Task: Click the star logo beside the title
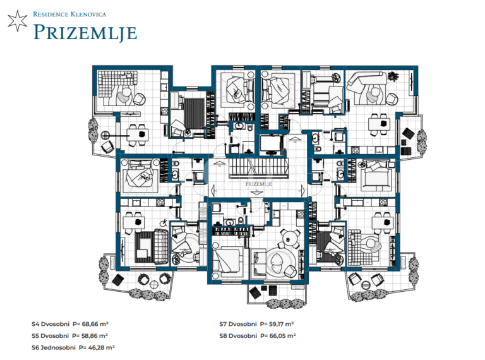[18, 21]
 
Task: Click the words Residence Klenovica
[69, 15]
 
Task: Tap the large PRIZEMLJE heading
[85, 33]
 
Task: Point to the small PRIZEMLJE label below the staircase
[258, 184]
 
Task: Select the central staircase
[258, 168]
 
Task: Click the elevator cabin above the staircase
[272, 145]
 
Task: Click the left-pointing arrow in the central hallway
[213, 189]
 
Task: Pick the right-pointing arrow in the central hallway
[303, 190]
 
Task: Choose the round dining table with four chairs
[289, 239]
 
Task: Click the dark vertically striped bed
[195, 113]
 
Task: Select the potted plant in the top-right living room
[393, 76]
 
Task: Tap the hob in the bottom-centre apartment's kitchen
[300, 213]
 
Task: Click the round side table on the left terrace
[105, 135]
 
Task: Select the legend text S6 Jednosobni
[54, 347]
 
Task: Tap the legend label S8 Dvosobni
[238, 336]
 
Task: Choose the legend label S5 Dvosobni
[50, 336]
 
